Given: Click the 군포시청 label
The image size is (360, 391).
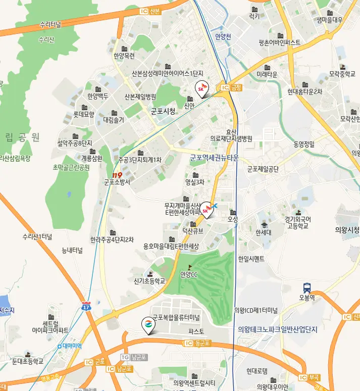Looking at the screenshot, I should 163,111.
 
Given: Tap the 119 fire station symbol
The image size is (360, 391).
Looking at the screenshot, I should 118,175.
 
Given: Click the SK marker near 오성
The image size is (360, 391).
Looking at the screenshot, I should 207,208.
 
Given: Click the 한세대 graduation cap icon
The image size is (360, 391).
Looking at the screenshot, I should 264,225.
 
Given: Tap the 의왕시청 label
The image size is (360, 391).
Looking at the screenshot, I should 347,230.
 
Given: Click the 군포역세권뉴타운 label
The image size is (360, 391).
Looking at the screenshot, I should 214,158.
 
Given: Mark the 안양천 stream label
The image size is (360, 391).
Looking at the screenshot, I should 223,36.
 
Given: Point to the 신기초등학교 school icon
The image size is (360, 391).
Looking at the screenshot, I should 150,273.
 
